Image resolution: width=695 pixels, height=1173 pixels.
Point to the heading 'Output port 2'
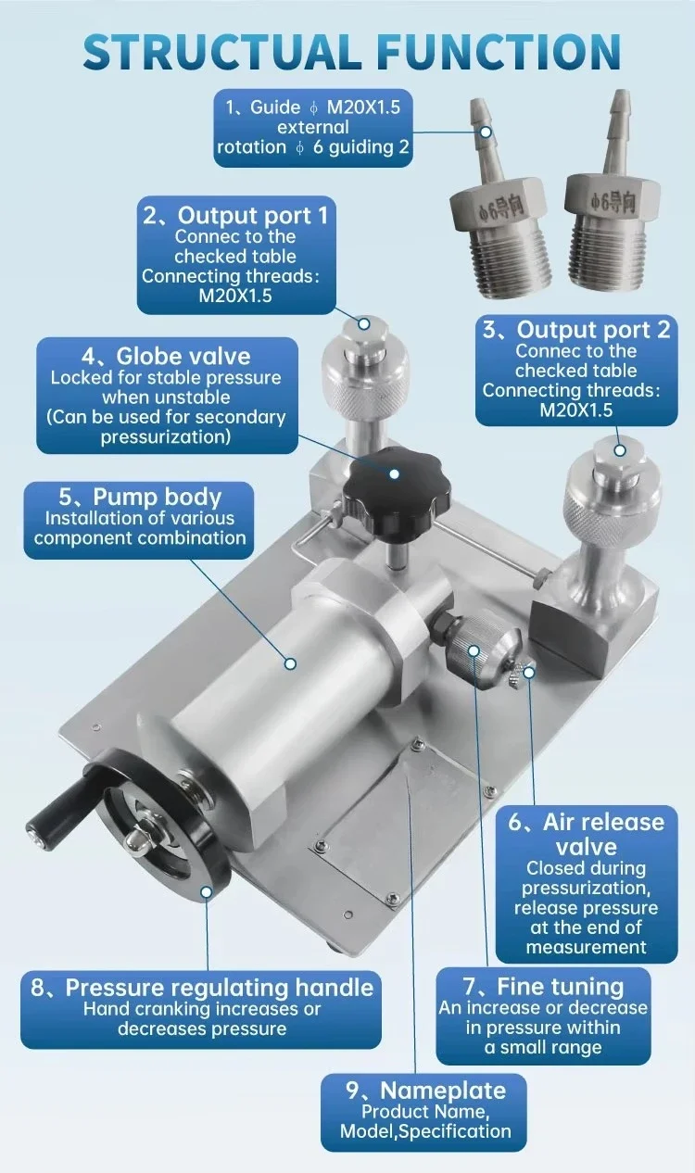(593, 329)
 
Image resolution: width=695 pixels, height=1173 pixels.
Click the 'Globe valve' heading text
(183, 356)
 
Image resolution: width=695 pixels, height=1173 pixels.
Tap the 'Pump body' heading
(158, 497)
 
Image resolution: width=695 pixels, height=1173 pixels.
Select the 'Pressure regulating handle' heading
(220, 988)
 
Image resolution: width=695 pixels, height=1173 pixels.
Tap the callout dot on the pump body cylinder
(290, 663)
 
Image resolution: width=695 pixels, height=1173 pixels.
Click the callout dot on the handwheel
(207, 891)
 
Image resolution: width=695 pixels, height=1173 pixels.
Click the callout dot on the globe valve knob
(395, 473)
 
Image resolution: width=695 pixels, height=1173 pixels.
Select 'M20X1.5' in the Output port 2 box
(576, 410)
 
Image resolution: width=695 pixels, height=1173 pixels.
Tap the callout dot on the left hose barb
(486, 132)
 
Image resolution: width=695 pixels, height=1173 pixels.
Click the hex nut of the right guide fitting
(612, 199)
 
